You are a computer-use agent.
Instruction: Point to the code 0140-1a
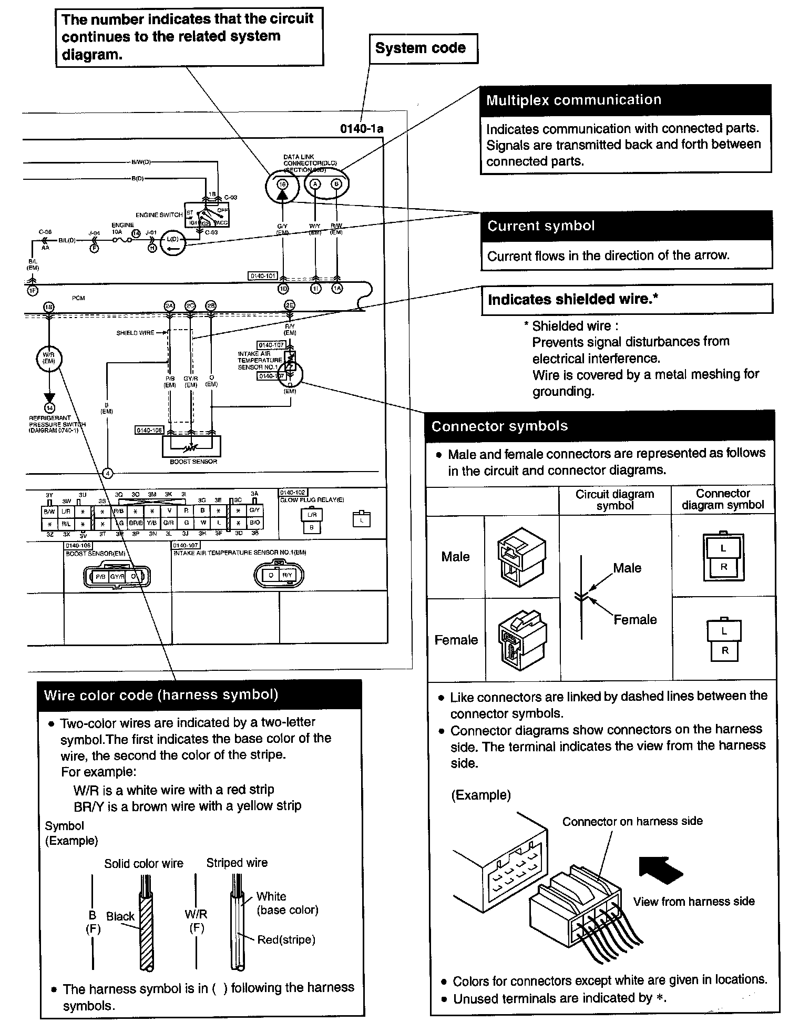(362, 128)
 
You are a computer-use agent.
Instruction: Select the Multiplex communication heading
(573, 100)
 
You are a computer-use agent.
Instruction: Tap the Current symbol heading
(541, 226)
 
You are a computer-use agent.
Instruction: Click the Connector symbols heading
(499, 426)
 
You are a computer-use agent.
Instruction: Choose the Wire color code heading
(161, 695)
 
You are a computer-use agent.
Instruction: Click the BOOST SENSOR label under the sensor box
(193, 462)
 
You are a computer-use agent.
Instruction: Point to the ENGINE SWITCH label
(159, 215)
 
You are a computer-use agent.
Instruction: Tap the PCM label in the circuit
(78, 298)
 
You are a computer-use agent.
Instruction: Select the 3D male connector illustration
(521, 557)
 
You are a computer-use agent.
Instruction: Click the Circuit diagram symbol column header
(614, 499)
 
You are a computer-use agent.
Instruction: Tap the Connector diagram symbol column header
(723, 499)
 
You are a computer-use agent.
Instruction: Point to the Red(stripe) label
(286, 939)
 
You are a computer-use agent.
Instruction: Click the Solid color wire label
(144, 863)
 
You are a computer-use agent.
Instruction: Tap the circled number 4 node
(107, 473)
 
